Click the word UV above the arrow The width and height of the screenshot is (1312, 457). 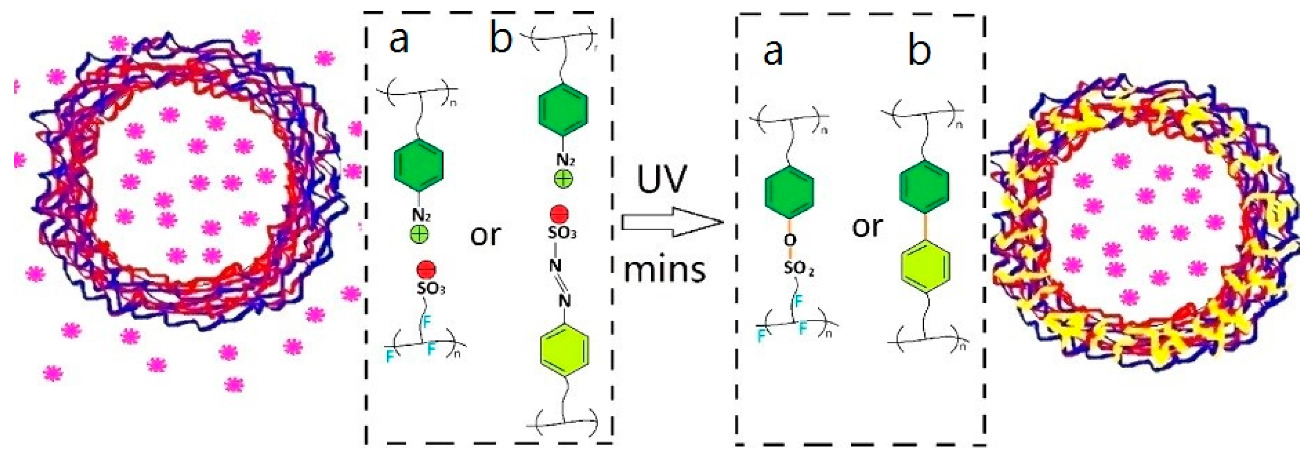[662, 179]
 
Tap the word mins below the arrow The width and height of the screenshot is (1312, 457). [665, 269]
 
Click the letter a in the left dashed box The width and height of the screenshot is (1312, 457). [398, 40]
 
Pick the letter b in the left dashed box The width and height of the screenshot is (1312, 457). [501, 38]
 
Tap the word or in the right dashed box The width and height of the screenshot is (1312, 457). [867, 226]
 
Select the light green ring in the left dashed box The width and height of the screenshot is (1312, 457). [564, 350]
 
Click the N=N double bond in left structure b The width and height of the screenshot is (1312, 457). [559, 283]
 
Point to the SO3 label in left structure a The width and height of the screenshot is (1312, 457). [431, 288]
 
